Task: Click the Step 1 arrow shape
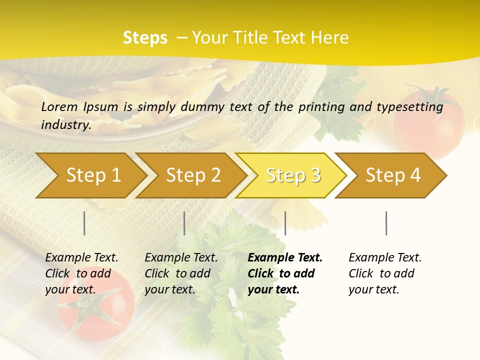click(x=90, y=175)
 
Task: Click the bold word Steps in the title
click(x=145, y=38)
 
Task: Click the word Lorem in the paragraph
click(x=59, y=106)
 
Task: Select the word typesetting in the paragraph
click(x=411, y=106)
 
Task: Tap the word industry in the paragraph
click(x=65, y=124)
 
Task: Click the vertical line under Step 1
click(x=84, y=223)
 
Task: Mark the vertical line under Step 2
click(x=184, y=223)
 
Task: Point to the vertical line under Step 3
click(x=285, y=223)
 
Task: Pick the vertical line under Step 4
click(x=386, y=223)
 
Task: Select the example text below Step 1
click(x=81, y=273)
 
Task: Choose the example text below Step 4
click(x=384, y=273)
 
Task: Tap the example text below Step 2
click(x=181, y=273)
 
